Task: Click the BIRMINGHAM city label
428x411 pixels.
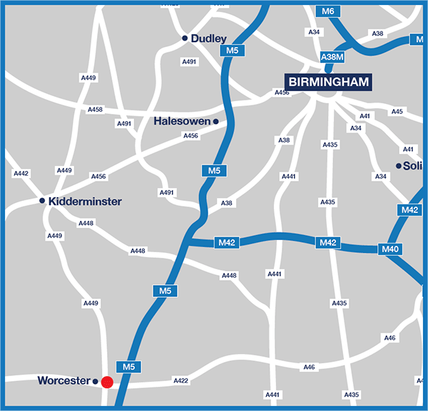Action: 328,82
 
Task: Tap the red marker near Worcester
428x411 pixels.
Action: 107,383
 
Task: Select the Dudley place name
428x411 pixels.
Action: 209,38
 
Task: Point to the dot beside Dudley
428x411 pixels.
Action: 185,38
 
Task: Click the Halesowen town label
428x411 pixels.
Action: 183,121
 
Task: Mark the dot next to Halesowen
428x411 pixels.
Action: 216,122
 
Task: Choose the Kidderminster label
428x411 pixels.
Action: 85,202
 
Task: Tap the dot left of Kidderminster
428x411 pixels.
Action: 42,202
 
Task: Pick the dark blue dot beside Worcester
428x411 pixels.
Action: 96,382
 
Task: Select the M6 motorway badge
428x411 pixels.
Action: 328,11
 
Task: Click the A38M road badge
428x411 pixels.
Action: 333,56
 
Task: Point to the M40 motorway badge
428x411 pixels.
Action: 390,249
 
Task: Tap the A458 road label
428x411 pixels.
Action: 95,110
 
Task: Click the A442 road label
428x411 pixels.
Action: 21,173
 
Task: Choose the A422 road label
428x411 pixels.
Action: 181,381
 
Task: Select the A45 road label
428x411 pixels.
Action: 397,112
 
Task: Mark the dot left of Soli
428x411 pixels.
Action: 399,165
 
